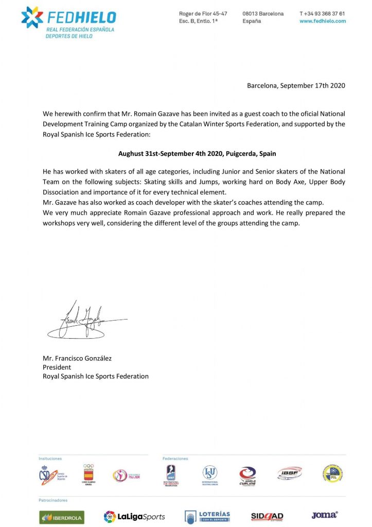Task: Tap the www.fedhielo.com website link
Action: click(x=322, y=21)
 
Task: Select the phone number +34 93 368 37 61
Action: click(x=322, y=13)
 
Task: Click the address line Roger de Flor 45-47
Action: click(x=203, y=13)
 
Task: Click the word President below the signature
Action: click(x=57, y=367)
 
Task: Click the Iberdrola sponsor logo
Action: click(x=61, y=516)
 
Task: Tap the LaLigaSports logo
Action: click(x=134, y=516)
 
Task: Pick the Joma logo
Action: click(x=324, y=515)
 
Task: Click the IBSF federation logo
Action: click(x=289, y=473)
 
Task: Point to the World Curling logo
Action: click(x=247, y=475)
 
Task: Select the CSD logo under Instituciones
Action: click(x=50, y=475)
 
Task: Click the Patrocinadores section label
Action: click(x=53, y=500)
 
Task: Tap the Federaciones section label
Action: click(x=175, y=458)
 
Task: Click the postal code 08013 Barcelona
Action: click(x=263, y=13)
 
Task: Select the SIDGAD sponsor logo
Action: click(x=267, y=516)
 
